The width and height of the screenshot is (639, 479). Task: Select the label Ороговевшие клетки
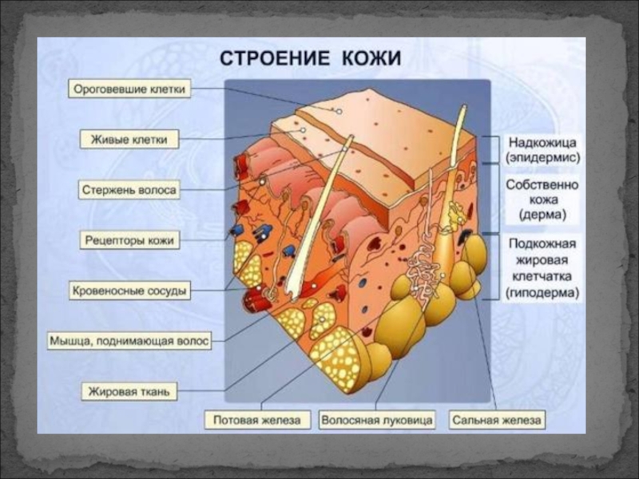click(130, 90)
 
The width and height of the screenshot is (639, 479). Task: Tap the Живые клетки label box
click(130, 140)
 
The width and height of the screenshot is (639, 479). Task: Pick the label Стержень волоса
click(129, 190)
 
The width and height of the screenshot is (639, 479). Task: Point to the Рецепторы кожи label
click(130, 239)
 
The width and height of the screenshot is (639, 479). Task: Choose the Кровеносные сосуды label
click(130, 291)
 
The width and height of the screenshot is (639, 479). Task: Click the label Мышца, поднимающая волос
click(130, 341)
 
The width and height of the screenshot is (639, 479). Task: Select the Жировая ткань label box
click(129, 392)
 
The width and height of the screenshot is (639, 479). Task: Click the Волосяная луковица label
click(377, 419)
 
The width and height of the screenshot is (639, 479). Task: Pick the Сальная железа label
click(497, 419)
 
